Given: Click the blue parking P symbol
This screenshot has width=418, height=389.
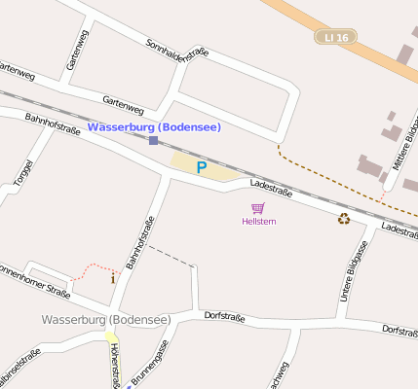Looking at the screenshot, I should [x=202, y=167].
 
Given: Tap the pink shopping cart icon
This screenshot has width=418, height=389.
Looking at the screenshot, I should [x=258, y=208].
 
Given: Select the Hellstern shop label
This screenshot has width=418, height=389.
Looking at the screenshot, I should [x=258, y=222].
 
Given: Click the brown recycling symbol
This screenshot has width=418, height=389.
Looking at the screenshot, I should [x=343, y=219].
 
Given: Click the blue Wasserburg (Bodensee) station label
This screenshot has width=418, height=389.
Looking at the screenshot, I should [x=154, y=127].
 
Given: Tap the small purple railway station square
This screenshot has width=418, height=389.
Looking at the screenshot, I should [x=153, y=141].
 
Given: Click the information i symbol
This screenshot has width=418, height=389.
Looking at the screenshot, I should [x=112, y=279].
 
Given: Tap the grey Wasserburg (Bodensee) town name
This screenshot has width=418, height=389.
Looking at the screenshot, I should [x=106, y=319].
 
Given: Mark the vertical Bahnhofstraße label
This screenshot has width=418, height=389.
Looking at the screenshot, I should [x=140, y=241].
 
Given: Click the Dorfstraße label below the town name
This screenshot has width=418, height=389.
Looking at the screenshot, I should [x=224, y=317].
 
